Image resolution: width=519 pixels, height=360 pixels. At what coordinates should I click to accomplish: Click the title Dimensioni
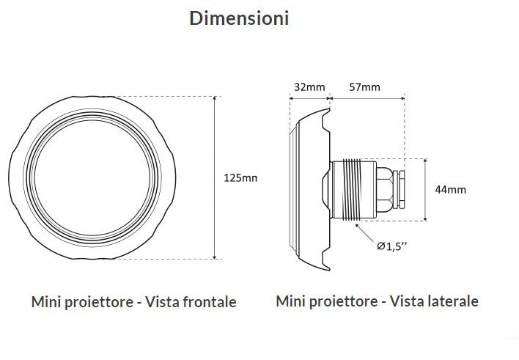tap(239, 18)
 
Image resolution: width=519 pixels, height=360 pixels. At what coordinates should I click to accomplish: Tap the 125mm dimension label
tap(240, 178)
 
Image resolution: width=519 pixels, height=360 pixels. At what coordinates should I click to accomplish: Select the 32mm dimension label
tap(309, 87)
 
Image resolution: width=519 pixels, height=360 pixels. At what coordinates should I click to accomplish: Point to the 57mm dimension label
tap(365, 87)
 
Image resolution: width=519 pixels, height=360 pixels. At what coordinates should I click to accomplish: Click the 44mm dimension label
tap(450, 190)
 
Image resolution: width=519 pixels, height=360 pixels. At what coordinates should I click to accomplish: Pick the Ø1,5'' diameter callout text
tap(391, 246)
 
